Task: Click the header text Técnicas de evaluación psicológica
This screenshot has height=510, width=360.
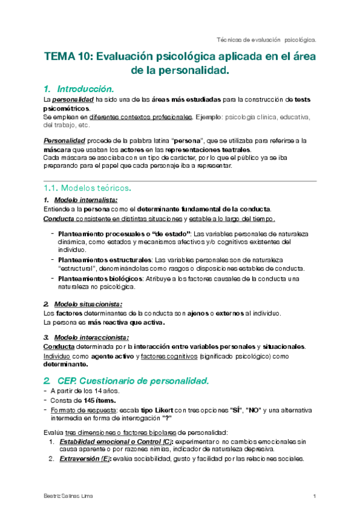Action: click(x=266, y=39)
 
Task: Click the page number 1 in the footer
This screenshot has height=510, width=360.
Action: click(x=314, y=496)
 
